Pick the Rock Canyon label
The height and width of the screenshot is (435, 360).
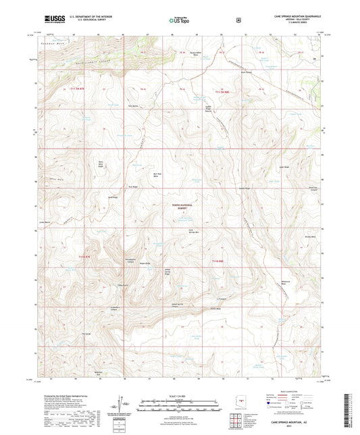coord(264,68)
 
